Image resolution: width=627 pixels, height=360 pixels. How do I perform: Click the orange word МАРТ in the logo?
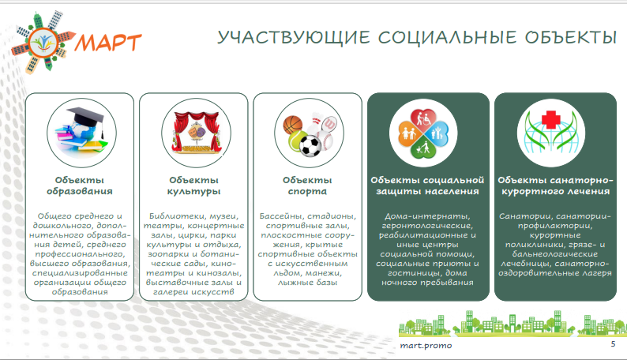coord(108,43)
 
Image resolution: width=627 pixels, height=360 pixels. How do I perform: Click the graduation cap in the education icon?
coord(86,120)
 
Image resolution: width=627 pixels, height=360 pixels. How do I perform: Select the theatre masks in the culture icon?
coord(196,130)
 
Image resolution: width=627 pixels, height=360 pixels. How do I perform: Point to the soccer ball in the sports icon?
coord(310,146)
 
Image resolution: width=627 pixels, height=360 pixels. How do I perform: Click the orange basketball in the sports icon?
coord(293,125)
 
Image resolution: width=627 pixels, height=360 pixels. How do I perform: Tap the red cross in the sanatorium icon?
coord(551,119)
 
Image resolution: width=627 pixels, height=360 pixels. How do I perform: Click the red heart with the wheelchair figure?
coord(424,118)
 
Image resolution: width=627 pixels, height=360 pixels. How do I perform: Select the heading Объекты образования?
coord(80,186)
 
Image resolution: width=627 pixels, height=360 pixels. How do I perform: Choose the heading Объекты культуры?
coord(193,186)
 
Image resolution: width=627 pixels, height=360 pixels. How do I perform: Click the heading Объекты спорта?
coord(307,186)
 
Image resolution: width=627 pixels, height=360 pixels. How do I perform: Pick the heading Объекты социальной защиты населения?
coord(427,186)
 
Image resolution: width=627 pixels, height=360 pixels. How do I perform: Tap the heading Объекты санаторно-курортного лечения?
coord(555,186)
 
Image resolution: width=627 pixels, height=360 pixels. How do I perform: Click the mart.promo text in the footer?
coord(426,346)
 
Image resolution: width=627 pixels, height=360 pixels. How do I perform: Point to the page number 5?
coord(613,344)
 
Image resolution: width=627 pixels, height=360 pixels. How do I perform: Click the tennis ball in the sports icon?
coord(297,141)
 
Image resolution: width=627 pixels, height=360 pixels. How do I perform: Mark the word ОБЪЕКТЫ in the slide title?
coord(571,38)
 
